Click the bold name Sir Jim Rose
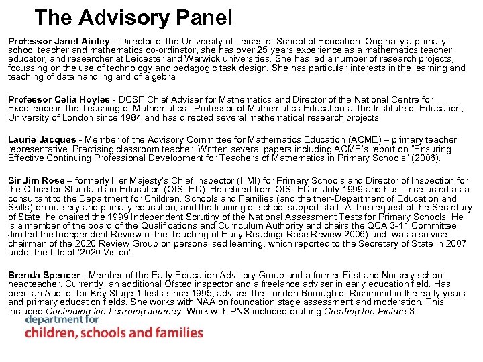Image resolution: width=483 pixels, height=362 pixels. tap(36, 180)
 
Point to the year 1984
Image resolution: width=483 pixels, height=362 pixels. tap(117, 117)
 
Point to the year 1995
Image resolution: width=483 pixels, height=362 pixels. tap(195, 293)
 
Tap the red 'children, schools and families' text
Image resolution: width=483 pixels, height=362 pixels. tap(113, 333)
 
